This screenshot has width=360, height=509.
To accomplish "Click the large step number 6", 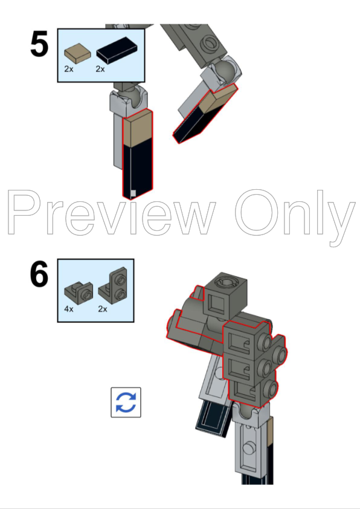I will point(40,275).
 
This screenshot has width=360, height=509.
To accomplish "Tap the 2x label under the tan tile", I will point(69,70).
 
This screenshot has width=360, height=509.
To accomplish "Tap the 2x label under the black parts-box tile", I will point(100,70).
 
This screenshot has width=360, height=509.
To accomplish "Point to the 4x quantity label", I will point(69,310).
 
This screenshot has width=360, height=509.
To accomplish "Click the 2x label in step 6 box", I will point(102,310).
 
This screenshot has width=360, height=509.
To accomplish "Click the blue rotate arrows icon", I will point(126,402).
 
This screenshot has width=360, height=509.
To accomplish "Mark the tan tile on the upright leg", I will point(137,131).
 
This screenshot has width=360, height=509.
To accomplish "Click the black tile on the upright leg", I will point(137,169).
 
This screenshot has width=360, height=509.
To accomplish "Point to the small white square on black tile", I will point(133,194).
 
